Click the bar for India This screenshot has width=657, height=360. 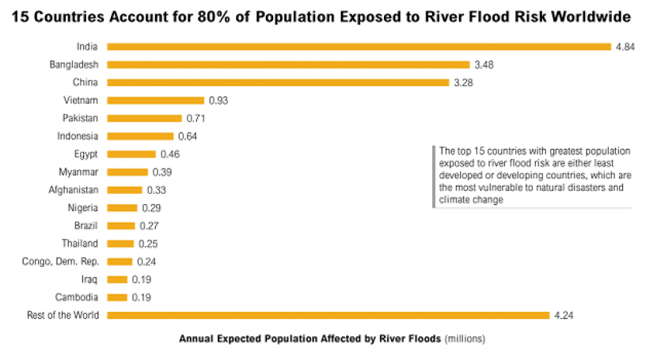tap(359, 47)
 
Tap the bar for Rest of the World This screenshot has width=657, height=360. tap(328, 316)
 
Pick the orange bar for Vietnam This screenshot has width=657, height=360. tap(155, 100)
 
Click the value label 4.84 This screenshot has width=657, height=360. tap(625, 47)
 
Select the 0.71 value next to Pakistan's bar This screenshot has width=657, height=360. tap(196, 118)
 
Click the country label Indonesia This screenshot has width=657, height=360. tap(78, 136)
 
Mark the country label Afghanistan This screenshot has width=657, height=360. tap(73, 190)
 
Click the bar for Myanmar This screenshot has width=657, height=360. tap(127, 172)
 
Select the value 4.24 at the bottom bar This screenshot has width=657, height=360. tap(564, 316)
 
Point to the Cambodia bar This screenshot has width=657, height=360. tap(116, 297)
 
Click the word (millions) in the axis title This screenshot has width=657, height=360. tap(464, 339)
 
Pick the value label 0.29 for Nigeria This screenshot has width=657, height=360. tap(151, 207)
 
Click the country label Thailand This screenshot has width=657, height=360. tap(80, 244)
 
